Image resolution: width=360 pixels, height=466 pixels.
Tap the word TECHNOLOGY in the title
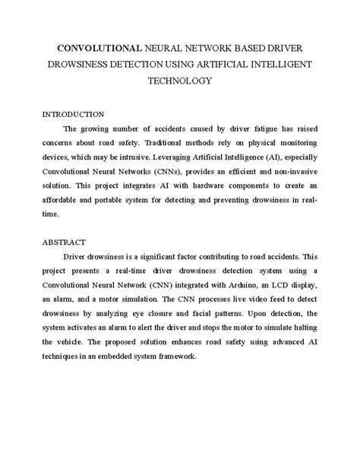180,78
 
